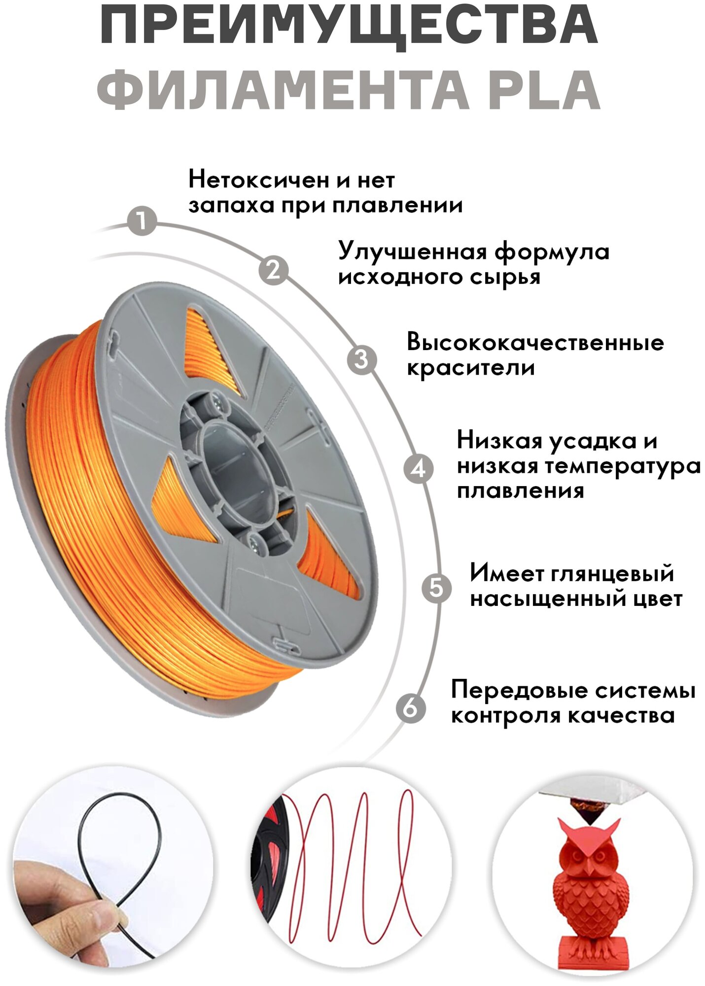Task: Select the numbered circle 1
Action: pos(141,220)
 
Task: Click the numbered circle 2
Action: pos(274,270)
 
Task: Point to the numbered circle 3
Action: pos(361,359)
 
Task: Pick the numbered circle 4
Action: pos(418,468)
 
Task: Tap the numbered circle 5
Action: pos(436,588)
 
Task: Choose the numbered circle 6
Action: pos(411,708)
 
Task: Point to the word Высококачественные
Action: pos(535,343)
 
